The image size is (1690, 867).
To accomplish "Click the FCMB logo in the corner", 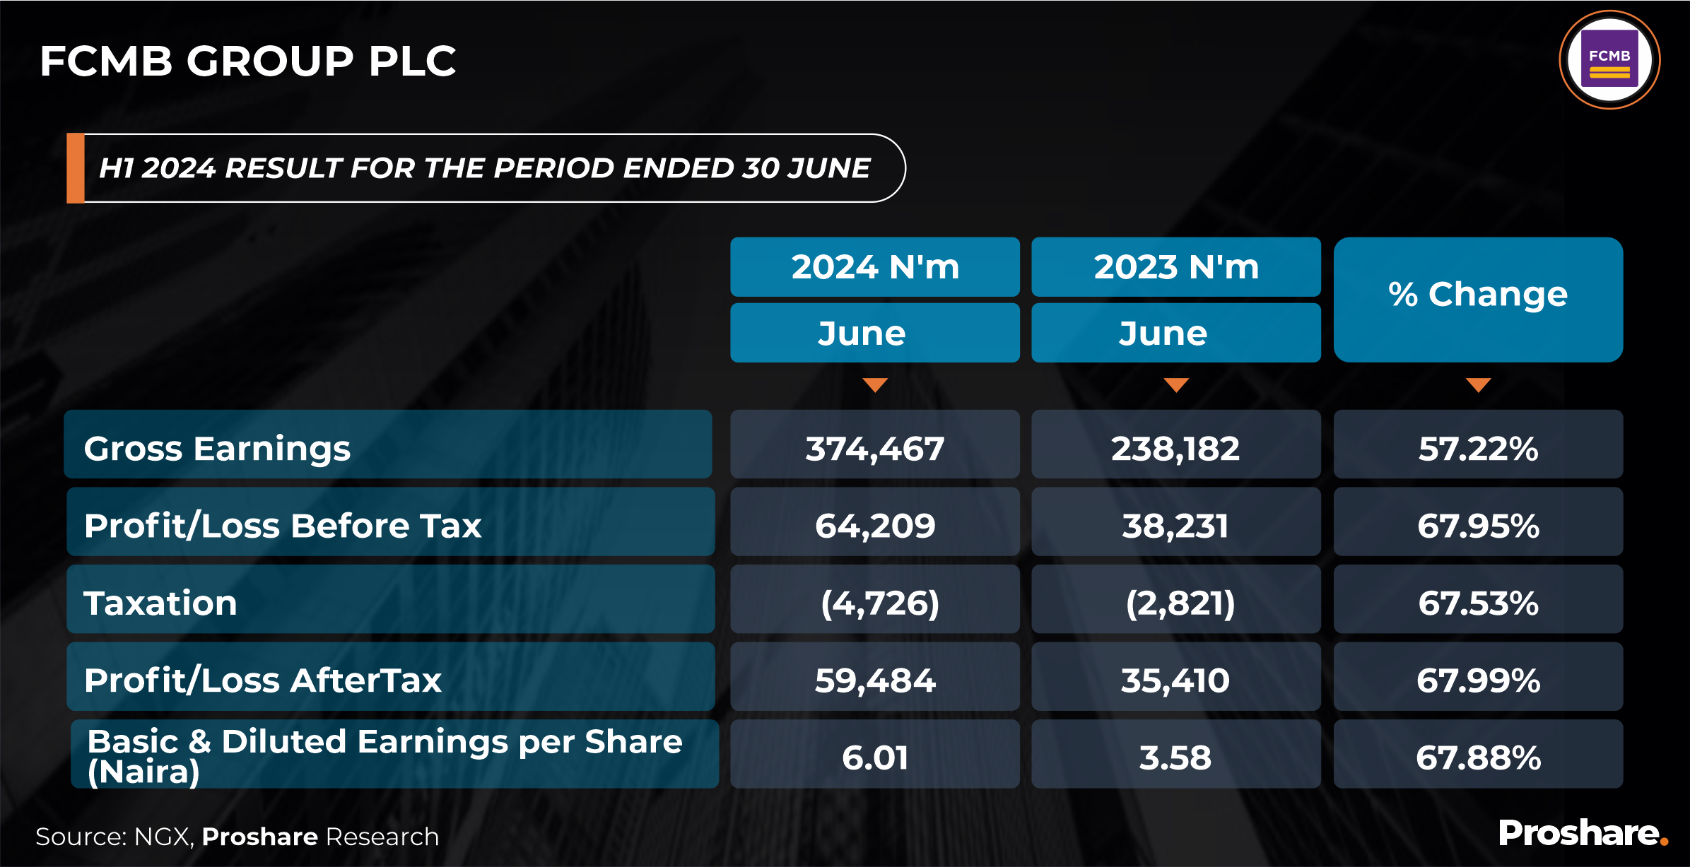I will coord(1609,60).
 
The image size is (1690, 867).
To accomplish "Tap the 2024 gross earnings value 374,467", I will coord(875,448).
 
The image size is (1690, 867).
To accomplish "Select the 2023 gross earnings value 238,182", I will coord(1175,448).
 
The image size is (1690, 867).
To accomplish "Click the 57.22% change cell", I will coord(1478,448).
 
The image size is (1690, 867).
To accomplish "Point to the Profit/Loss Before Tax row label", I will coord(283,525).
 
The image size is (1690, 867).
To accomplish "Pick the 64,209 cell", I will coord(875,525).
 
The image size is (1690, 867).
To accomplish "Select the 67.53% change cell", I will coord(1478,603).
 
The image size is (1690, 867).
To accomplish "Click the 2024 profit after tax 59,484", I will coord(875,680).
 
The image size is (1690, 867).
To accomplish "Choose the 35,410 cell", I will coord(1175,680).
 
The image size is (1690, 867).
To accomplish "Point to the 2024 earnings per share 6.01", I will coord(875,757).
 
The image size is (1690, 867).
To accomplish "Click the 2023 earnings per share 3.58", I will coord(1175,757).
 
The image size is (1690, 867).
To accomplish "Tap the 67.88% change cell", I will coord(1478,757).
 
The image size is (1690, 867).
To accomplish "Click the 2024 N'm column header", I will coord(875,267).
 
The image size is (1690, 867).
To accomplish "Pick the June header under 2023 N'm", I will coord(1175,333).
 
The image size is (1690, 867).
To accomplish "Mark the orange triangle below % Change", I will coord(1478,384).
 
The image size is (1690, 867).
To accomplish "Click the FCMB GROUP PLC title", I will coord(248,61).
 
